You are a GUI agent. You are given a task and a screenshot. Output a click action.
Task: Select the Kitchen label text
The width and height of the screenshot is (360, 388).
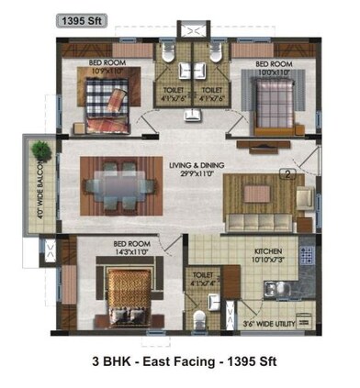click(x=269, y=250)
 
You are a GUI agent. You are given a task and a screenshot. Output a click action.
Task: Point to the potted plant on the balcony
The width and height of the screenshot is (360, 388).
click(x=39, y=150)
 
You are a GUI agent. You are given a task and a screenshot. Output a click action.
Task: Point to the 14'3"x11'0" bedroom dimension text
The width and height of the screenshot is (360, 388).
click(x=131, y=253)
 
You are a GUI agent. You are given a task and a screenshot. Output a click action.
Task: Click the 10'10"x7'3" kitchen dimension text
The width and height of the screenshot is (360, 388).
click(x=268, y=260)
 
